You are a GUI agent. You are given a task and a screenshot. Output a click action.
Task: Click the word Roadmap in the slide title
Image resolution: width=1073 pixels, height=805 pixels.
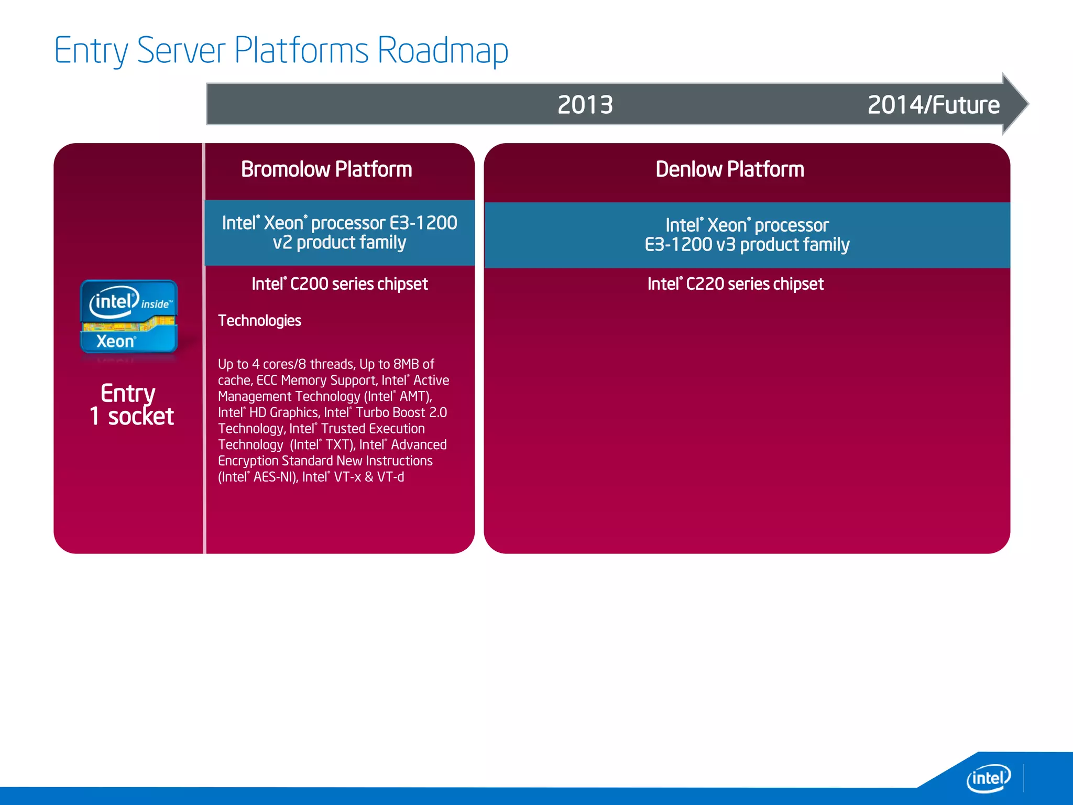point(442,51)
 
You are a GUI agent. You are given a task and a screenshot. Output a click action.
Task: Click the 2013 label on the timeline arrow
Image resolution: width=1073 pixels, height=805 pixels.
point(585,105)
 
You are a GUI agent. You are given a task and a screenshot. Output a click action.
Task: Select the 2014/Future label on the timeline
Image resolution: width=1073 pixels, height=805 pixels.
point(933,105)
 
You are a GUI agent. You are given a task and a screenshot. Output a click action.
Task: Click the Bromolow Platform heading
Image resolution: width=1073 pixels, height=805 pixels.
point(326,169)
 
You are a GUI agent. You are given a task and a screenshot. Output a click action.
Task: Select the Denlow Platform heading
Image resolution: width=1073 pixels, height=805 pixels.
point(729,169)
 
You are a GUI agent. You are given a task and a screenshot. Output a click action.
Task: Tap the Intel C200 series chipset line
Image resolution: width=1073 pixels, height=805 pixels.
point(340,284)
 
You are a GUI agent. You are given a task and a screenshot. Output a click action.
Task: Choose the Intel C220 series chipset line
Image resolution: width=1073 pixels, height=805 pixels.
point(735,284)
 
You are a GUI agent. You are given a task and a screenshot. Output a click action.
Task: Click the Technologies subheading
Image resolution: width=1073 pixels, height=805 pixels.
point(259,321)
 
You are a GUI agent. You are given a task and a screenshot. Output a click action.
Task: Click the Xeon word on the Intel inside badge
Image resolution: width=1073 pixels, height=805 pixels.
point(115,342)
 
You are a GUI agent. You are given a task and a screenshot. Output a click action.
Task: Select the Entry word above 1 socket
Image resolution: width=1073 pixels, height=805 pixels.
point(128,393)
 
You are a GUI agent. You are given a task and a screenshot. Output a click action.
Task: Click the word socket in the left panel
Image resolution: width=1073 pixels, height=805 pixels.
point(140,417)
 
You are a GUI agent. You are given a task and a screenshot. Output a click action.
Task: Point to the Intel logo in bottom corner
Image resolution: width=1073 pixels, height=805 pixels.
point(988,778)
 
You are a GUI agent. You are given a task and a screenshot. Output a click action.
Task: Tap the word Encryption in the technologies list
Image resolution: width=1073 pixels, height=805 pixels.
point(248,461)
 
